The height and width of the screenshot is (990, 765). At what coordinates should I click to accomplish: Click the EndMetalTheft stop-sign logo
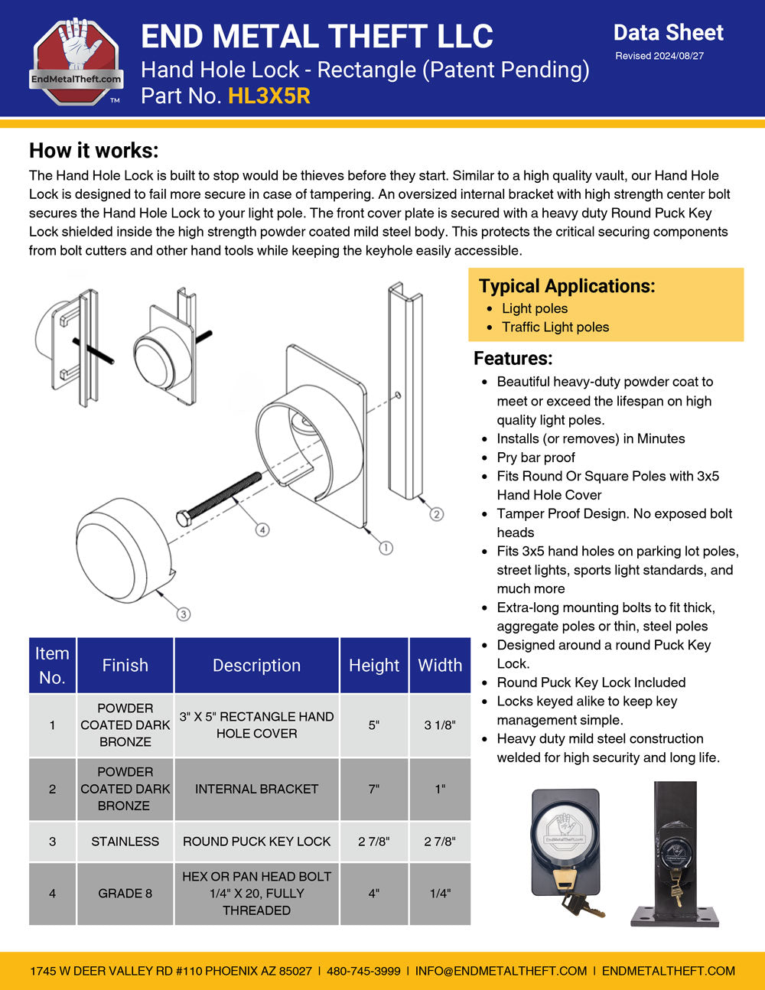click(76, 61)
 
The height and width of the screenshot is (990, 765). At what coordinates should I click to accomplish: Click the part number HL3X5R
click(269, 96)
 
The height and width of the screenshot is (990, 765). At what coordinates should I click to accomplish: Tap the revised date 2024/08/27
click(659, 56)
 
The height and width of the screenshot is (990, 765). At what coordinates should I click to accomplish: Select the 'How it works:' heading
click(93, 150)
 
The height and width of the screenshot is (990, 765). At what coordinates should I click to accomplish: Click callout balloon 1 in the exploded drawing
click(386, 548)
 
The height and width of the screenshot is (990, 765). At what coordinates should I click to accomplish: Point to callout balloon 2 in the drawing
click(436, 514)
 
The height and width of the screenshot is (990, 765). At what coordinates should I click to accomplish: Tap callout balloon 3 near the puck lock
click(183, 614)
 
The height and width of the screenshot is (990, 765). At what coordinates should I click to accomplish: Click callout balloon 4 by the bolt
click(262, 529)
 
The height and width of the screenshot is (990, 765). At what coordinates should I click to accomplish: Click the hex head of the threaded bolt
click(184, 518)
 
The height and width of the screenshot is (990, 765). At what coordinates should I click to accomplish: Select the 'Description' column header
click(256, 666)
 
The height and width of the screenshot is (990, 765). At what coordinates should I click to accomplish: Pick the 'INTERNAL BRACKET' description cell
click(256, 789)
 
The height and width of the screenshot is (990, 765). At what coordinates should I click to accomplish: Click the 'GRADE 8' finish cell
click(125, 893)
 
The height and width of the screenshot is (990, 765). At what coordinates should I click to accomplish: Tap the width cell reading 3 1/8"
click(440, 725)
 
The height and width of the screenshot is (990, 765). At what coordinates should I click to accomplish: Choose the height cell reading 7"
click(373, 789)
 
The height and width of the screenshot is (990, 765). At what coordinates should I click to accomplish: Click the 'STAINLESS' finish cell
click(125, 841)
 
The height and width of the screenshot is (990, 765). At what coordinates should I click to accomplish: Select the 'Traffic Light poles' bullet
click(555, 327)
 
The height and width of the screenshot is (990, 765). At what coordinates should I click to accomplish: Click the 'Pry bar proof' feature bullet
click(535, 458)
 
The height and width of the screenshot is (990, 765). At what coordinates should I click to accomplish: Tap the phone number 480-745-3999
click(363, 971)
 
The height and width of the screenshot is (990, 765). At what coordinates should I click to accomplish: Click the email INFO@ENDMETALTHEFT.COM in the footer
click(501, 971)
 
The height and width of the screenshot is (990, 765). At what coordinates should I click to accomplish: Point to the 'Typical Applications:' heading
click(567, 286)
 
